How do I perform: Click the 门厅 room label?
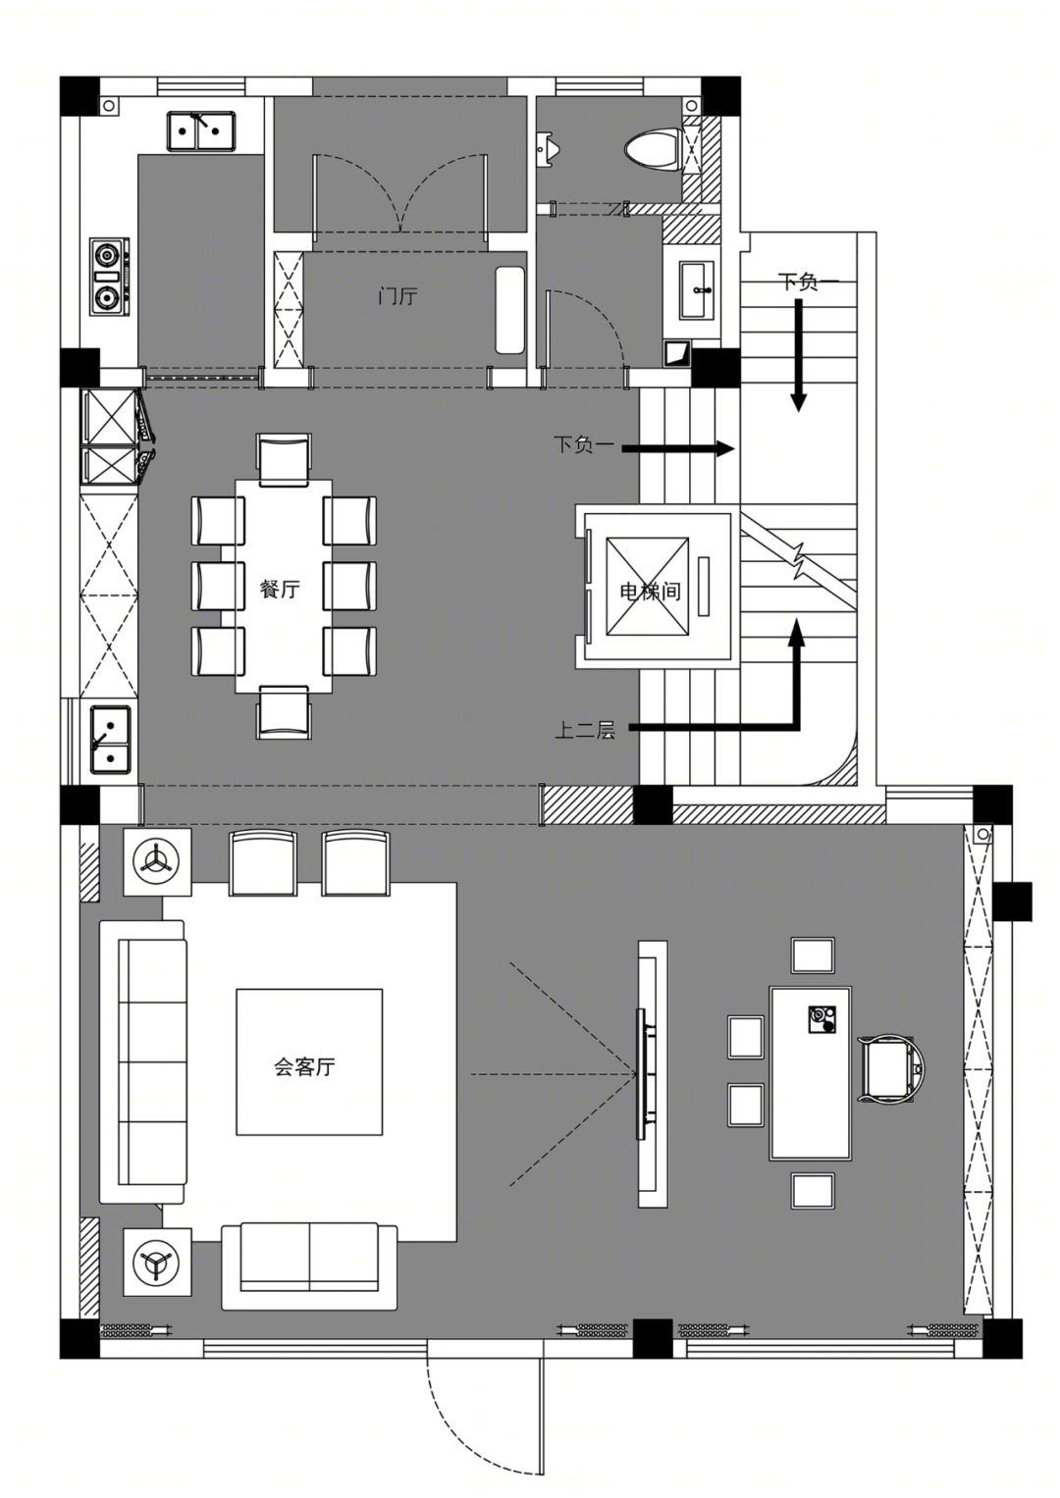tap(397, 295)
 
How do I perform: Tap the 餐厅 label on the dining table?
tap(280, 589)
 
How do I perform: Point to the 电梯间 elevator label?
tap(651, 592)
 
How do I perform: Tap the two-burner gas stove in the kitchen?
tap(110, 277)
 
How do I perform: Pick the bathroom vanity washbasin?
tap(697, 290)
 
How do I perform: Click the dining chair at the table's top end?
tap(285, 458)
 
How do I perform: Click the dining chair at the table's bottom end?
tap(285, 713)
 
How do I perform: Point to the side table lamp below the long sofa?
tap(157, 1262)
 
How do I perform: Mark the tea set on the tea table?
tap(821, 1019)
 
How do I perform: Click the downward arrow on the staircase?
tap(798, 354)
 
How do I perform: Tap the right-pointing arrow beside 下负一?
tap(678, 448)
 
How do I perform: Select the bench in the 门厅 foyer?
tap(509, 311)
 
